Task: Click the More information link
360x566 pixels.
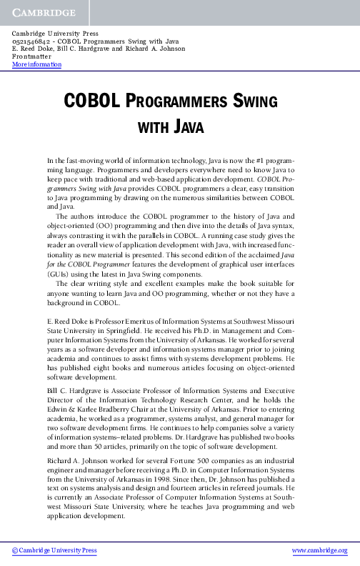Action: [x=37, y=65]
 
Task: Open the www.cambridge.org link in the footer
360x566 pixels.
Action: [x=320, y=550]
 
